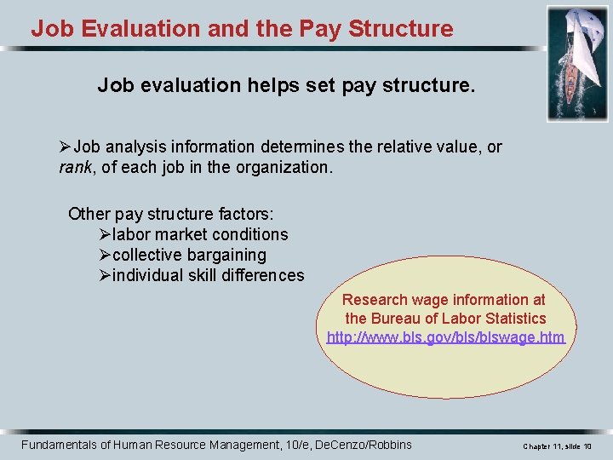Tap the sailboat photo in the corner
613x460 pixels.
577,64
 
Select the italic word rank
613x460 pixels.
76,167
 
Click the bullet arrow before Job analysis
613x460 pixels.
65,147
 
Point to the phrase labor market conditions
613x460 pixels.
200,234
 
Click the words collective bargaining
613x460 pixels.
189,255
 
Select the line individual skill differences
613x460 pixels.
208,275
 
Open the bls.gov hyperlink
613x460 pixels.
445,337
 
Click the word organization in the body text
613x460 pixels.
285,167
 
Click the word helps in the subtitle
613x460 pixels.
243,85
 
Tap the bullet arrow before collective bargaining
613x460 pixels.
105,255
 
